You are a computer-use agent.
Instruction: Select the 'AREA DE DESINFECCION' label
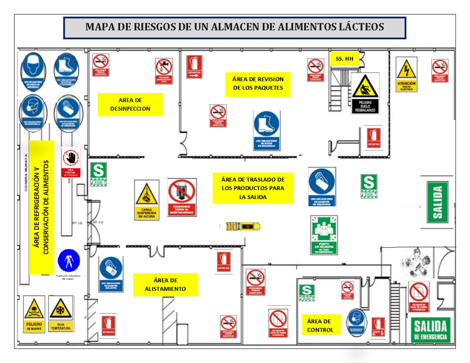pos(130,104)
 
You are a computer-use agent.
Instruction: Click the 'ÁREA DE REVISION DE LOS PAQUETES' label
pos(258,83)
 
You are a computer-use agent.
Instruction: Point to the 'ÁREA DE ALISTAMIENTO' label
pos(166,285)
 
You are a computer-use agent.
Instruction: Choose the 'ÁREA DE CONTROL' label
pos(320,325)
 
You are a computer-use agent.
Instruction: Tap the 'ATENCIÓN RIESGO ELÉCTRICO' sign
pos(407,74)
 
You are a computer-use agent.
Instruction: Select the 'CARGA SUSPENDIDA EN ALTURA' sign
pos(147,200)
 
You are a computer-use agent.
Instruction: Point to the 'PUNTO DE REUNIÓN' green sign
pos(324,235)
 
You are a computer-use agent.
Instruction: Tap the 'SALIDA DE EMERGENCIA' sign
pos(431,330)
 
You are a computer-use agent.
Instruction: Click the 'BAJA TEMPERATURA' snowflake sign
pos(61,314)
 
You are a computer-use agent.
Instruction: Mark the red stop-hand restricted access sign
pos(71,163)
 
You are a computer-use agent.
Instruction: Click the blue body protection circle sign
pos(69,261)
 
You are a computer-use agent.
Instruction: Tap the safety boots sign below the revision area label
pos(266,130)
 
